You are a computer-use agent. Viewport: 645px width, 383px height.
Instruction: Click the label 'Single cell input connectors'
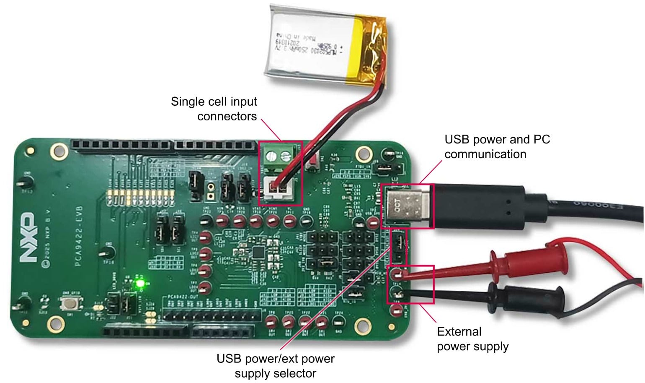214,109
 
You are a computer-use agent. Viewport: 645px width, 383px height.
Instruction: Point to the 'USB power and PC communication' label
497,146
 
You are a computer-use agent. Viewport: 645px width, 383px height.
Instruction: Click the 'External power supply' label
472,339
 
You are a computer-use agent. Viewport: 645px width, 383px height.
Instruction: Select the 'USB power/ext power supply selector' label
275,365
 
